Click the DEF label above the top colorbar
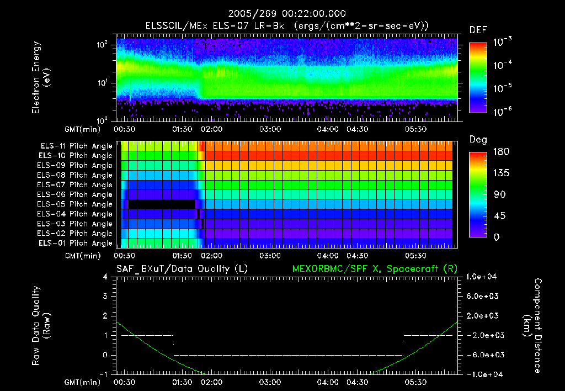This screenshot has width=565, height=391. [478, 30]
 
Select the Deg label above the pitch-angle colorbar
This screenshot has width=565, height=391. [478, 140]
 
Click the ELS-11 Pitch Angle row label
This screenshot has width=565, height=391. [76, 146]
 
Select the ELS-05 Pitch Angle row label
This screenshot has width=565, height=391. [76, 204]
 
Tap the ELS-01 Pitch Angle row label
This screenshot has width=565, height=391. [76, 243]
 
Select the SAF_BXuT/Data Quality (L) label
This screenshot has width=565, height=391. [181, 268]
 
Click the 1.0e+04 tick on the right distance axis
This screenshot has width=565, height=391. [484, 277]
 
